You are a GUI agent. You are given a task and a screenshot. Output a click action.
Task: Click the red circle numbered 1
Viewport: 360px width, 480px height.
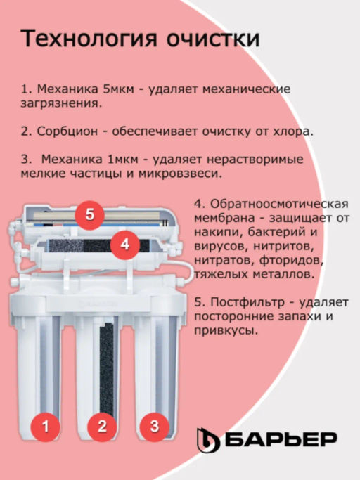(46, 426)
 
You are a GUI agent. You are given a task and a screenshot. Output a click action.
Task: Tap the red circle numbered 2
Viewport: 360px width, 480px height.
(101, 426)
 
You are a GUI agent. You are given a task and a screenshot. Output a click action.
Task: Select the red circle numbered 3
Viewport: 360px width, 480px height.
(155, 425)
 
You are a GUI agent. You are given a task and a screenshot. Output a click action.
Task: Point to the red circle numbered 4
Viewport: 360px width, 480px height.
(124, 244)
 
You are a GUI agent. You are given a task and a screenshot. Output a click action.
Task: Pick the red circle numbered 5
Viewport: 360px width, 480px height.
(89, 214)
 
